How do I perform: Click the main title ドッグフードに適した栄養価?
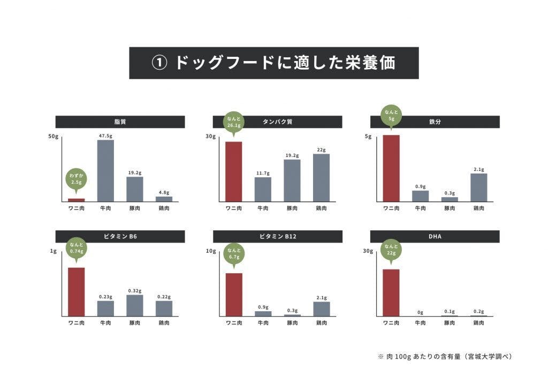point(273,63)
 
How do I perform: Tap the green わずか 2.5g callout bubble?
point(76,179)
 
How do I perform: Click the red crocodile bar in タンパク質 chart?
point(233,171)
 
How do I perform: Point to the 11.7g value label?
point(262,173)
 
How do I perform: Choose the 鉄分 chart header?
point(435,122)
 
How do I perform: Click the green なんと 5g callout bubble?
point(391,115)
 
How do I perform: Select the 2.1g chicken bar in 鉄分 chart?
point(478,187)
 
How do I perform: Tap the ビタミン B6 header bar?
point(120,236)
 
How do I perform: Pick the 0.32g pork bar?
point(134,305)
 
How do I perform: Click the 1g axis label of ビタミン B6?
point(53,251)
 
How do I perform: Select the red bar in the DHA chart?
point(391,292)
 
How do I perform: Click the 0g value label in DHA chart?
point(420,312)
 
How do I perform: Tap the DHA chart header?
point(435,236)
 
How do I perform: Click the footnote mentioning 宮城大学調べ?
point(445,356)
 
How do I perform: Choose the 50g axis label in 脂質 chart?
point(52,137)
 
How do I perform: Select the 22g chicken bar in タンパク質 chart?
point(321,177)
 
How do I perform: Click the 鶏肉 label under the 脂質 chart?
point(164,208)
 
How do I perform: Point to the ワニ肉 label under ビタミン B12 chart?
point(234,323)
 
